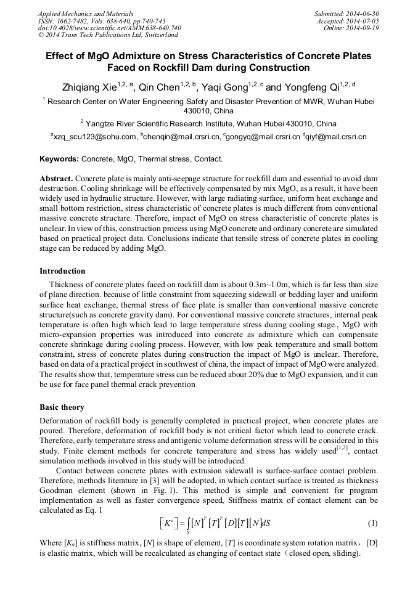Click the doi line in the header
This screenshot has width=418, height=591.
tap(109, 28)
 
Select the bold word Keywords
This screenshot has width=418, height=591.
tap(59, 159)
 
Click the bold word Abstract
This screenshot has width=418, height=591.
tap(56, 177)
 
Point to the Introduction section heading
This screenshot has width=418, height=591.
tap(62, 271)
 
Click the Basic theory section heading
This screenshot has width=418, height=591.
tap(62, 408)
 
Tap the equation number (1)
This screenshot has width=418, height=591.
tap(372, 523)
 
